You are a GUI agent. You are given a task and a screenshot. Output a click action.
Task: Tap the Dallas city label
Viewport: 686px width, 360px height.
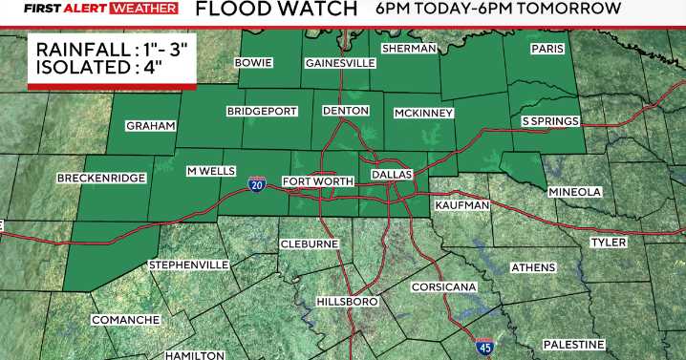coord(391,176)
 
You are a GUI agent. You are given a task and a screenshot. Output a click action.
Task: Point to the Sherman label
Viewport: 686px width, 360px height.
coord(409,49)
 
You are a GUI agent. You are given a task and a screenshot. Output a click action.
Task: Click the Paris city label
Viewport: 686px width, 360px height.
coord(548,49)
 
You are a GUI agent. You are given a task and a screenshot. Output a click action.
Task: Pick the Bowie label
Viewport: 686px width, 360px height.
coord(254,63)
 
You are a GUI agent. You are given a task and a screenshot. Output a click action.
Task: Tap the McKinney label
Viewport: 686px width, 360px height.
coord(423,114)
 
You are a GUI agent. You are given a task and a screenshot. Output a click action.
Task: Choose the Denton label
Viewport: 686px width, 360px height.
coord(346,112)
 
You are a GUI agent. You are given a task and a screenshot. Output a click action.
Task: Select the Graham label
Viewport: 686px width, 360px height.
coord(151,126)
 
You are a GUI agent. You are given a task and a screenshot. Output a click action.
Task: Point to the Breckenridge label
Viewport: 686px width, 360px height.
coord(101,179)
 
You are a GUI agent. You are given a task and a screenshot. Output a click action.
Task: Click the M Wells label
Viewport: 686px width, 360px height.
coord(210,170)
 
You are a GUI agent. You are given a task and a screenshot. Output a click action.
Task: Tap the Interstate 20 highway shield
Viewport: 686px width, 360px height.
coord(257,182)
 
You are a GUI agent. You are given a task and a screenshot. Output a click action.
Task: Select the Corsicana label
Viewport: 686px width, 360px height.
coord(444,286)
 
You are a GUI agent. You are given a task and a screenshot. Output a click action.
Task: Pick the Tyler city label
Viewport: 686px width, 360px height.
coord(609,243)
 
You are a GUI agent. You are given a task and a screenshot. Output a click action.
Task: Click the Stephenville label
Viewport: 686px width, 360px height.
coord(188,264)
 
